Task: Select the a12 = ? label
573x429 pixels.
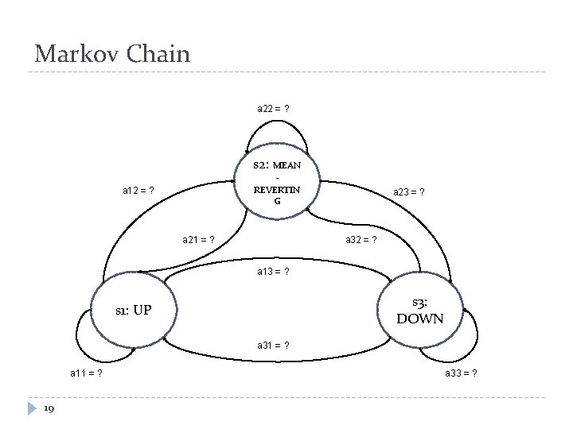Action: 138,191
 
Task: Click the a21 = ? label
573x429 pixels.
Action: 199,238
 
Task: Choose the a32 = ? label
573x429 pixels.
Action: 361,238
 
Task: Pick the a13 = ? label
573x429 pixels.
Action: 273,272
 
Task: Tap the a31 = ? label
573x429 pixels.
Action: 273,345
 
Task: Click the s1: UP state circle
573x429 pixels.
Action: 132,310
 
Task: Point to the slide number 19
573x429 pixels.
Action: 49,408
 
